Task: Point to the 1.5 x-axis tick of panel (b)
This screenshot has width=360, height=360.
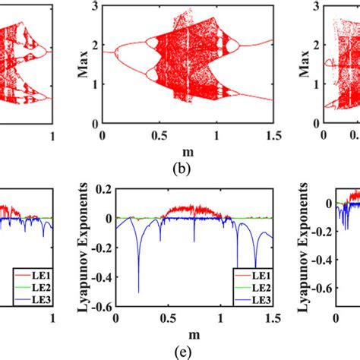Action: [x=273, y=135]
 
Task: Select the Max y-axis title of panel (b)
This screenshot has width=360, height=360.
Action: [x=78, y=65]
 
